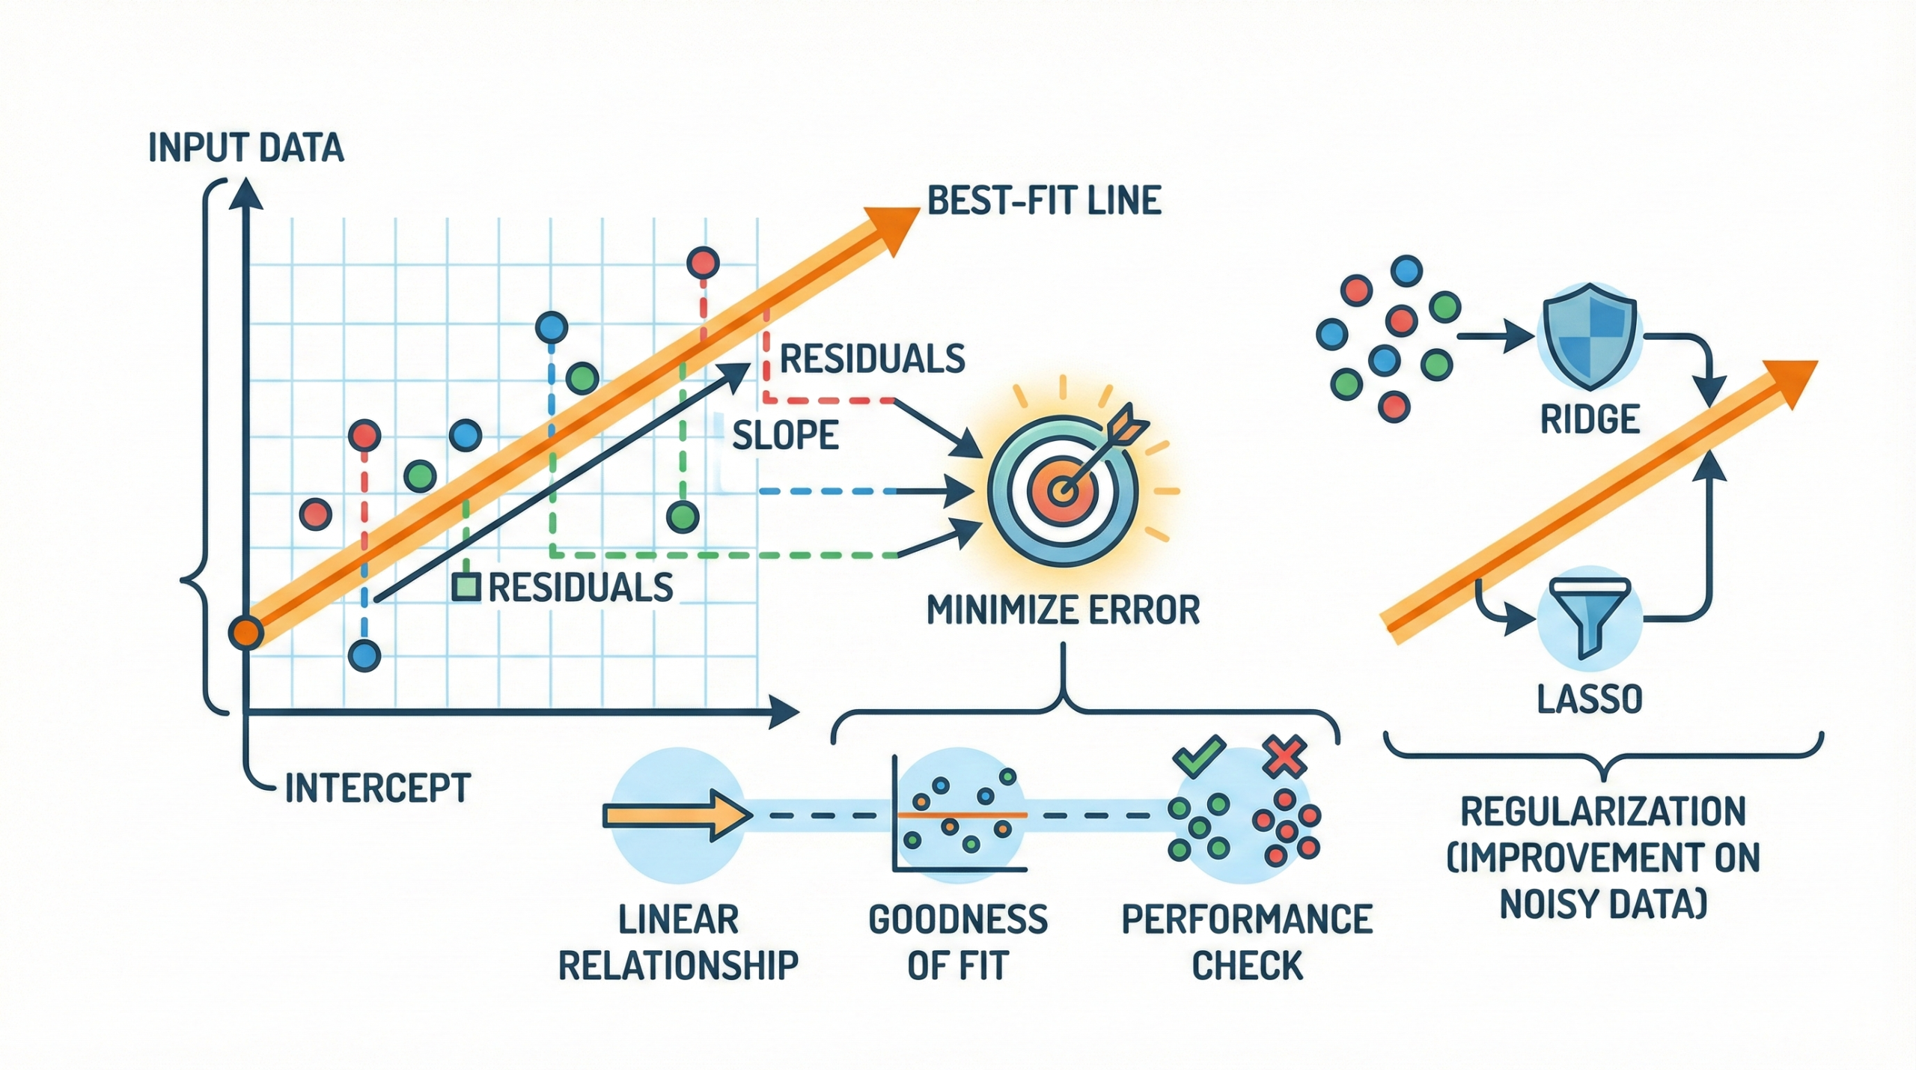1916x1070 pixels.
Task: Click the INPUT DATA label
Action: point(246,148)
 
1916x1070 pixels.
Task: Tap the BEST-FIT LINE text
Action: point(1044,201)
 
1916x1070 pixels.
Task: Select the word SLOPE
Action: point(785,435)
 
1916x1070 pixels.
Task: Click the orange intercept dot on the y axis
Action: point(245,633)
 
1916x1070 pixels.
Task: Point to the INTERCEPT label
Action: point(378,788)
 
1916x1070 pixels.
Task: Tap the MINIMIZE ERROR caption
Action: point(1063,610)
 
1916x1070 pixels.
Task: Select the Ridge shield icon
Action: point(1589,337)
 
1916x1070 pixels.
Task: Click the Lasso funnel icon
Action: point(1590,618)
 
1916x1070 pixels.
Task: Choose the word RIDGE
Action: point(1590,419)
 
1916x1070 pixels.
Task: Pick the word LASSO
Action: point(1590,699)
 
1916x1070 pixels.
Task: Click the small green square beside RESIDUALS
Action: point(466,587)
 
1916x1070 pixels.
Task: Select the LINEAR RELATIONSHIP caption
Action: point(678,942)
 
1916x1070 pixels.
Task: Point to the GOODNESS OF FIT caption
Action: point(958,942)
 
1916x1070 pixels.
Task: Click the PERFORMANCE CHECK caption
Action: point(1247,942)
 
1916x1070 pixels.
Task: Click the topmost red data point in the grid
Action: point(703,263)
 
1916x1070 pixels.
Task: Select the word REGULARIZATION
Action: point(1603,812)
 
